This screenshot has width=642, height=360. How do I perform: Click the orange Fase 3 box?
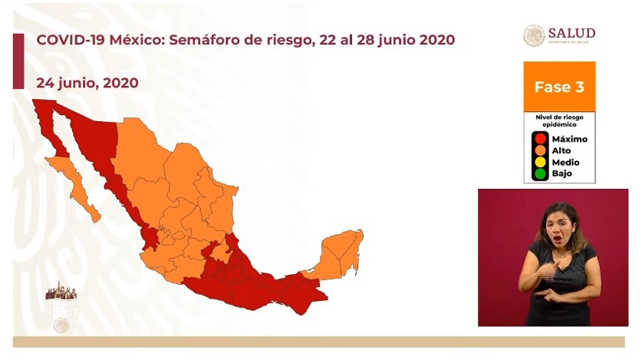tap(559, 87)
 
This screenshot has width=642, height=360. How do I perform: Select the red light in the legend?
tap(541, 139)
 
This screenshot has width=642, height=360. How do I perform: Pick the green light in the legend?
tap(541, 173)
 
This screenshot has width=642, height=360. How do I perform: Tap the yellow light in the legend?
tap(541, 162)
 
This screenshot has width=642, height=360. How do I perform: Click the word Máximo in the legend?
tap(570, 139)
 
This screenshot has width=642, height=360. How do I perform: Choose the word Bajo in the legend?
tap(562, 173)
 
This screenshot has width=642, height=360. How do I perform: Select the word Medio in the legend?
tap(566, 162)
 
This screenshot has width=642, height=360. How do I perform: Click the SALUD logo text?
tap(571, 33)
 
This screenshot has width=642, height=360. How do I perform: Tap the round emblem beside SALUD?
tap(534, 35)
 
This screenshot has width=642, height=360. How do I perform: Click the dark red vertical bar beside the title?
tap(18, 61)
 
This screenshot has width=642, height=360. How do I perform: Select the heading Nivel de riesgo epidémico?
tap(559, 120)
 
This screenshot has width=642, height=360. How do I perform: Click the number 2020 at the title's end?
tap(434, 40)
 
